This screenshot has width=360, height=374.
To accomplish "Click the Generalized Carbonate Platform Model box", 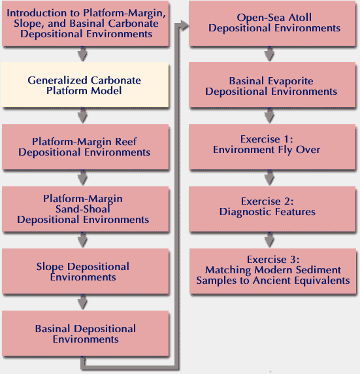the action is coord(85,85).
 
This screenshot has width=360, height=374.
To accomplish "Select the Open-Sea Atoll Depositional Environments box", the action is coord(272,23).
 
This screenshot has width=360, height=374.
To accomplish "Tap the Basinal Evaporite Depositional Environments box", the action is coord(272,85).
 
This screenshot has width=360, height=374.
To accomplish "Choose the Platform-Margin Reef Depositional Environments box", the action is coord(86,147).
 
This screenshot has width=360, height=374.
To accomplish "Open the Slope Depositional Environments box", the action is coord(86,271).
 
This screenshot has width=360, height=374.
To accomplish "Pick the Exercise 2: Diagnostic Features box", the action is coord(272,209).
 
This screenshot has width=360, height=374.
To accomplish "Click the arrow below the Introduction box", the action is coord(82,54).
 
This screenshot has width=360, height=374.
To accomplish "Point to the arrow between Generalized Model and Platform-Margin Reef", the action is coord(82,116).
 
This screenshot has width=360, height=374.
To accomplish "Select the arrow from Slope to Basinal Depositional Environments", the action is coord(82,302).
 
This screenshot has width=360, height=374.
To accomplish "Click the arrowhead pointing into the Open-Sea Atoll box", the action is coord(184,25).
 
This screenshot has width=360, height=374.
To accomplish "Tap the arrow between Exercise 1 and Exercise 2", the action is coord(269,178).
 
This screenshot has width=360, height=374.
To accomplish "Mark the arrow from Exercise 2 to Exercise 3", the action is coord(269,240).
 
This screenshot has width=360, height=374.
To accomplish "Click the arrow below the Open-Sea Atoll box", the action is coord(269,54).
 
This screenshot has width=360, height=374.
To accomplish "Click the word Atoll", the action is coord(300,18).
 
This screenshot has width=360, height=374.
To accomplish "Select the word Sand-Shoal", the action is coord(83,209).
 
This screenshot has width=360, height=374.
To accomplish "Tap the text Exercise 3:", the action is coord(273,260).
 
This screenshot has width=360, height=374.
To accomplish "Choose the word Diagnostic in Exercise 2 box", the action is coord(245,212).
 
